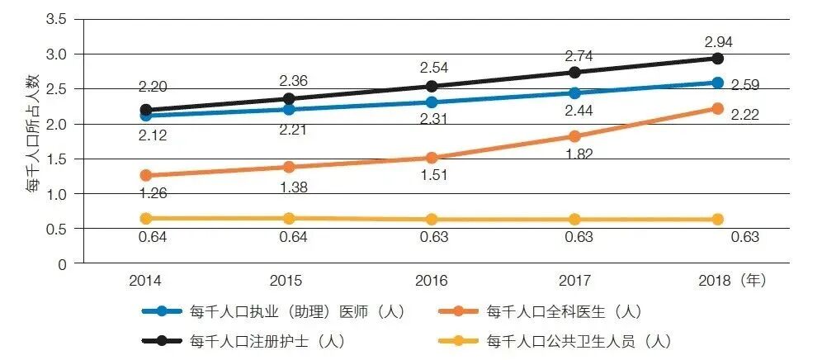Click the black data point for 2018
click(x=717, y=59)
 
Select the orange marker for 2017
click(x=574, y=136)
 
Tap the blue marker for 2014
click(x=146, y=116)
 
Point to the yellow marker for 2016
click(x=432, y=220)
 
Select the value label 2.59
click(x=744, y=85)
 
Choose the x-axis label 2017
click(x=574, y=281)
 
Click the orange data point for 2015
click(x=289, y=167)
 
